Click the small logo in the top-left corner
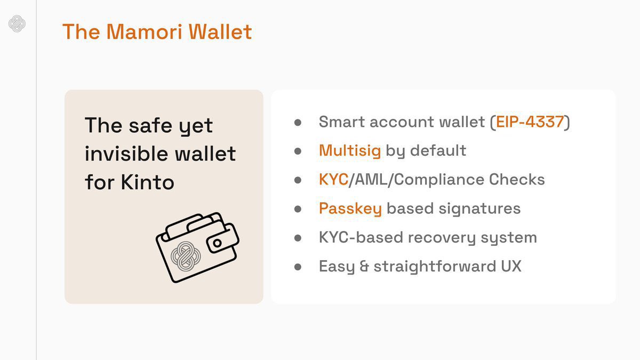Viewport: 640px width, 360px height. tap(18, 24)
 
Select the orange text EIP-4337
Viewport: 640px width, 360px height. tap(530, 122)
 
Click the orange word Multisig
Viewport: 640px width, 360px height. tap(349, 151)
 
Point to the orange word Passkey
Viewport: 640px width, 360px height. tap(350, 209)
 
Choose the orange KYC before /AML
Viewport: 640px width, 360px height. tap(333, 179)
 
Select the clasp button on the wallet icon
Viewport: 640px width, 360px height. tap(218, 243)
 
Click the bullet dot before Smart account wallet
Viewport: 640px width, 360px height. tap(298, 122)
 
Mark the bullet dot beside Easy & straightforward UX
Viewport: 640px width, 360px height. tap(298, 266)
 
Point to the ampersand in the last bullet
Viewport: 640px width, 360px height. tap(364, 266)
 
